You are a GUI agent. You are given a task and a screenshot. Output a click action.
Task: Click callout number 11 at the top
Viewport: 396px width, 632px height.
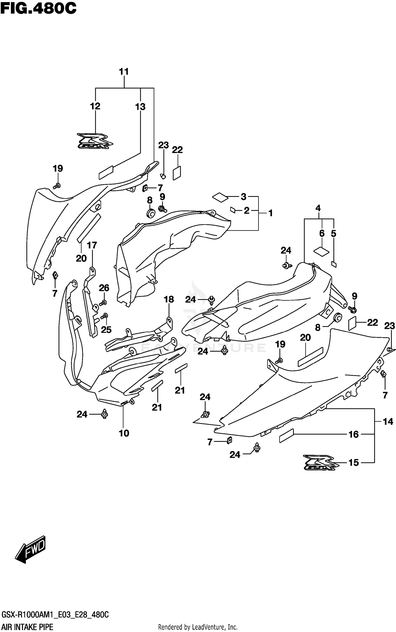[124, 72]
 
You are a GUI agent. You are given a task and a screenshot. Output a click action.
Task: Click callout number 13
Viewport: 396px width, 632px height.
[140, 107]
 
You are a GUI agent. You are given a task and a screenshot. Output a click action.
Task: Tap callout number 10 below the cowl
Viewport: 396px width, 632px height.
[124, 433]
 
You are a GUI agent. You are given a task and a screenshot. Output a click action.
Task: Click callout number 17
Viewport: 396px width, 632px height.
[92, 245]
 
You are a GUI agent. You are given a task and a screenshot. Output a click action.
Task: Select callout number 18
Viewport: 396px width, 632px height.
[169, 299]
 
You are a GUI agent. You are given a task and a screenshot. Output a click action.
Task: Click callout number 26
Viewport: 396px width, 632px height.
[104, 288]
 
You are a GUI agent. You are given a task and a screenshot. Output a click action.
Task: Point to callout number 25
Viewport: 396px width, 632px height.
[106, 329]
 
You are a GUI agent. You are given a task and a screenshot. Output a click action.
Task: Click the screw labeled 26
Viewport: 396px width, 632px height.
[103, 302]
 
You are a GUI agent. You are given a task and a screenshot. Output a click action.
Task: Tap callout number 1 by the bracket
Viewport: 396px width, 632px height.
[270, 213]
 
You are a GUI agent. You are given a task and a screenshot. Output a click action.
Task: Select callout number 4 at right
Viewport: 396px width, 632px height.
[318, 208]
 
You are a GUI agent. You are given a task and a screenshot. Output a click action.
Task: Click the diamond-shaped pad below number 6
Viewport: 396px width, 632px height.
[321, 251]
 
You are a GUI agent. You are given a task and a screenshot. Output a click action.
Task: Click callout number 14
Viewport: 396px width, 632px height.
[388, 422]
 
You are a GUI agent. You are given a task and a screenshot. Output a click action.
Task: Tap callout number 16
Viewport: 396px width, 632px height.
[354, 434]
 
